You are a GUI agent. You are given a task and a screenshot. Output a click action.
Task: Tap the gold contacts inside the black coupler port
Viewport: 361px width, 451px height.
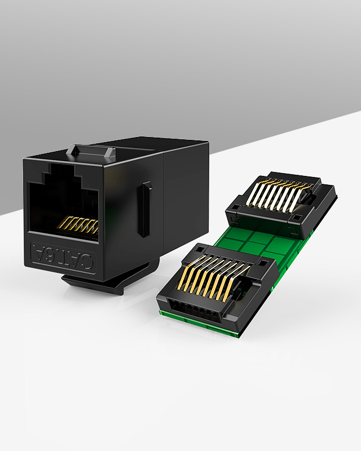78,224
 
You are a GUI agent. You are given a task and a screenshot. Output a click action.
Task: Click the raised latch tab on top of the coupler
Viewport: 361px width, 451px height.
91,152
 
